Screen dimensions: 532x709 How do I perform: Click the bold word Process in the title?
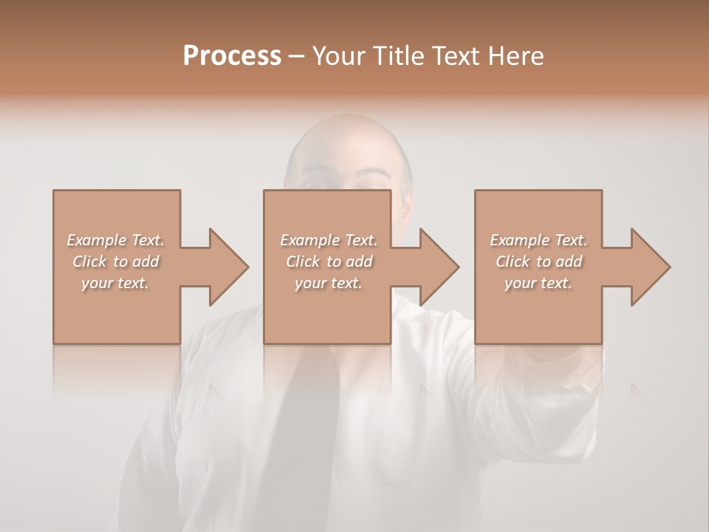pos(232,55)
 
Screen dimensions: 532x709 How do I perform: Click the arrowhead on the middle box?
pos(440,267)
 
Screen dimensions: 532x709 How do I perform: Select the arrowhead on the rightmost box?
pos(651,267)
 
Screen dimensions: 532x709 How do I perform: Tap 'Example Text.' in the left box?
pos(115,240)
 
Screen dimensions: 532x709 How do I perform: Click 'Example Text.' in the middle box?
pos(328,240)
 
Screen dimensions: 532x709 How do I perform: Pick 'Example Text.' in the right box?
pos(538,240)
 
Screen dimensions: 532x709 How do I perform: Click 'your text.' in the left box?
pos(115,283)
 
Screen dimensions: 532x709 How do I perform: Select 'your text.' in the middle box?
pos(328,283)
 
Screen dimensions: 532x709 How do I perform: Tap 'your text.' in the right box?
pos(538,283)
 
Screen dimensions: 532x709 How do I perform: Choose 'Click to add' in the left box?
pos(115,262)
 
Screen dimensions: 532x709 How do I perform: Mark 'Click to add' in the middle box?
pos(328,262)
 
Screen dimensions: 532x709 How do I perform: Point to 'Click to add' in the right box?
pos(538,262)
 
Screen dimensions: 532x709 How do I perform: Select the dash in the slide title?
pos(296,56)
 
